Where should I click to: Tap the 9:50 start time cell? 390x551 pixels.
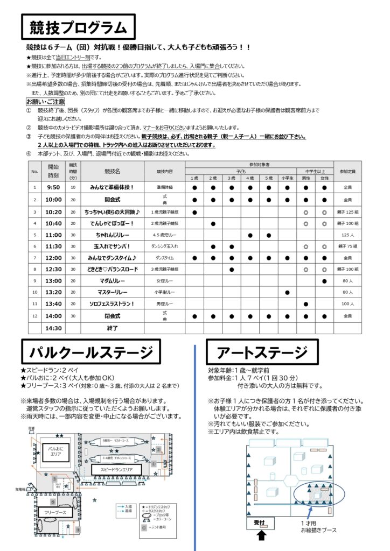click(53, 187)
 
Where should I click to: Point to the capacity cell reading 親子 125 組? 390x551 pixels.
click(347, 211)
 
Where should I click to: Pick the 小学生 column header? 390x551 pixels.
click(287, 178)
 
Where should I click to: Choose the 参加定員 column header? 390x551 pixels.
click(347, 171)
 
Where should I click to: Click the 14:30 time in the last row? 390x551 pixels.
click(53, 327)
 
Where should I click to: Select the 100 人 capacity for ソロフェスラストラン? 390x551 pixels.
click(347, 304)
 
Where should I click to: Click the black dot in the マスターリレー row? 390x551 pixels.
click(287, 292)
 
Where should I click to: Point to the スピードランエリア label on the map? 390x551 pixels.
click(117, 469)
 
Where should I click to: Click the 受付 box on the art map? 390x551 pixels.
click(259, 522)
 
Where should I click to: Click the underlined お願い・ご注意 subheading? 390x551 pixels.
click(45, 101)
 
